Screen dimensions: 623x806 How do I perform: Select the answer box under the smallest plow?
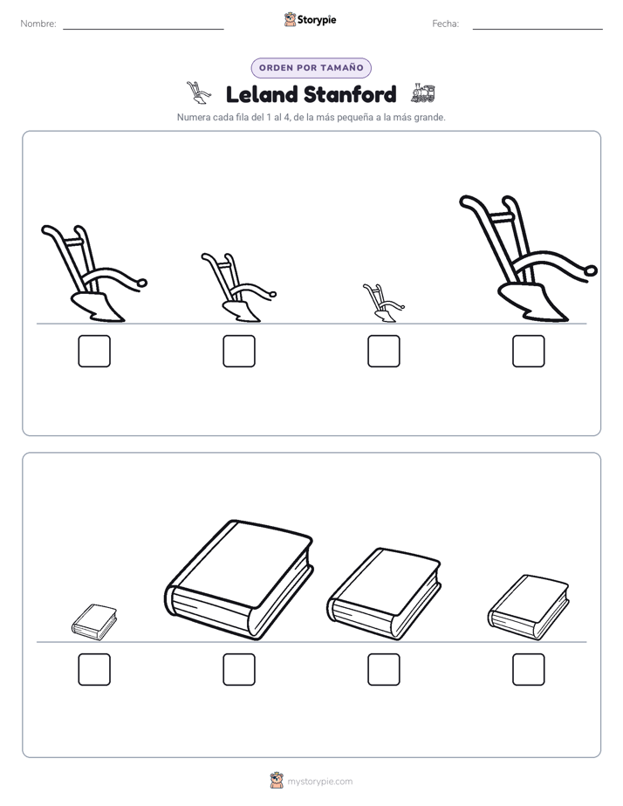[x=383, y=351]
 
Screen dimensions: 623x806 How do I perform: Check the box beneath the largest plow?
[x=529, y=351]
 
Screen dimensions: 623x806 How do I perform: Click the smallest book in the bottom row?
[x=94, y=622]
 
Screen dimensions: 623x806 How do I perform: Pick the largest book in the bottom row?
[x=239, y=581]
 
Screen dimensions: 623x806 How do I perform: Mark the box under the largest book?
[x=239, y=669]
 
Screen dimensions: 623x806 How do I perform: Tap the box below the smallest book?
[x=94, y=669]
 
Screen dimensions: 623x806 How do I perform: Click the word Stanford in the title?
[x=350, y=94]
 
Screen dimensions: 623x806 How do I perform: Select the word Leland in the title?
[x=261, y=94]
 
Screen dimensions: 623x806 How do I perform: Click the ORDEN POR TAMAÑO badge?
[x=311, y=68]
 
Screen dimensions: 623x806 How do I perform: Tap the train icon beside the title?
[x=423, y=93]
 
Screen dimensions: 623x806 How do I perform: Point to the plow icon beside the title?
[x=198, y=92]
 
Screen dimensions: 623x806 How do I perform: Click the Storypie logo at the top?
[x=310, y=19]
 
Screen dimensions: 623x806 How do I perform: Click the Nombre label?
[x=38, y=24]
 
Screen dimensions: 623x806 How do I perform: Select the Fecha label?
[x=445, y=24]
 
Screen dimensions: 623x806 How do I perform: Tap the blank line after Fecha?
[x=537, y=30]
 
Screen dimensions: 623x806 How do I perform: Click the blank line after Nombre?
[x=143, y=30]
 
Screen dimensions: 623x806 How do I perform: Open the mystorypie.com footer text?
[x=319, y=782]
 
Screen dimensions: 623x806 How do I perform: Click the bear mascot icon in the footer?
[x=277, y=781]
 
